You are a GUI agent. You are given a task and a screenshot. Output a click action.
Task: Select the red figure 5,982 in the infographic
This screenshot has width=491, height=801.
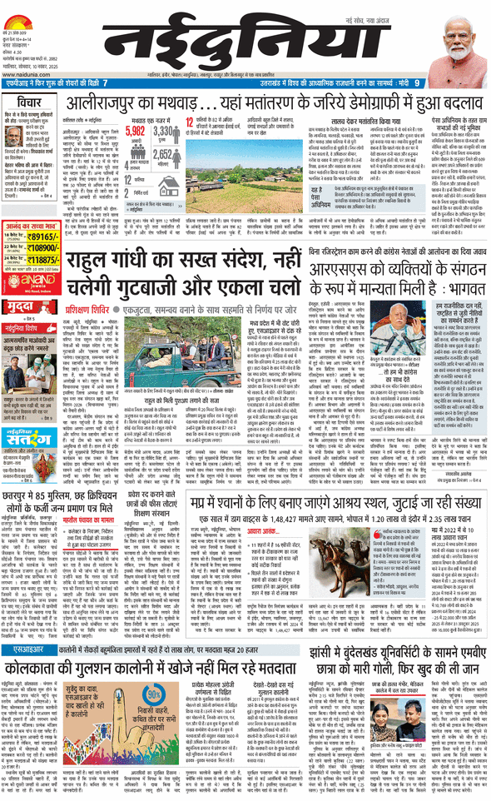[x=136, y=130]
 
